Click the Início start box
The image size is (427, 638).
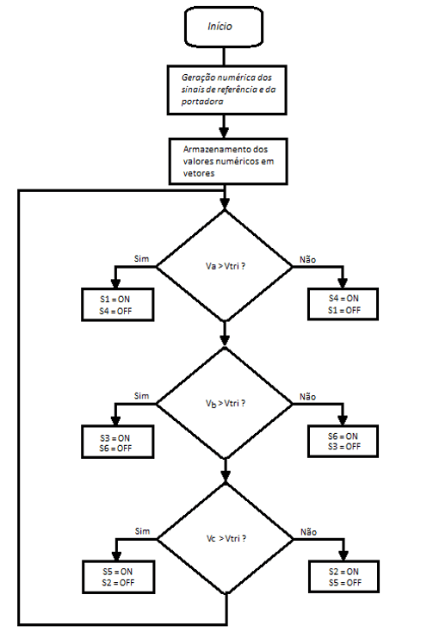point(224,27)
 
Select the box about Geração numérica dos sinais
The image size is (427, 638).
point(227,90)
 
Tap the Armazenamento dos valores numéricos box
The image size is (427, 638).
point(228,161)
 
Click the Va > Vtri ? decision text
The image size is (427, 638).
point(226,266)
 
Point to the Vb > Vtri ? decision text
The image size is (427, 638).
point(226,403)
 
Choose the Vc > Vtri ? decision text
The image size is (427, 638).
point(226,538)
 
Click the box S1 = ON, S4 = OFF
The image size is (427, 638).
point(118,305)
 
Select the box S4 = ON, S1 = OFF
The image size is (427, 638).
point(343,304)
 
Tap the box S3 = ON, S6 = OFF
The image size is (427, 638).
point(118,442)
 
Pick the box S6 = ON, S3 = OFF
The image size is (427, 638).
point(343,441)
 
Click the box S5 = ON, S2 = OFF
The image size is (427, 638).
point(118,577)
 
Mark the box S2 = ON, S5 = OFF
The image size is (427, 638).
point(343,577)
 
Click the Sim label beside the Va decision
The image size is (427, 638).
point(141,259)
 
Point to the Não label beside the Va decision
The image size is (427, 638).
point(307,260)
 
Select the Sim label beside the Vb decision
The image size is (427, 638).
point(141,396)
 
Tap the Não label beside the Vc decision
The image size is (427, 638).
point(308,532)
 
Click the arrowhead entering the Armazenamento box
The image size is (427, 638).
point(224,133)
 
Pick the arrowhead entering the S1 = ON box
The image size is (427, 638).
point(115,283)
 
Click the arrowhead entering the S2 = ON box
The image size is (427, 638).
point(343,555)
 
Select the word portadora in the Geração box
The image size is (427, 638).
point(202,102)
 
